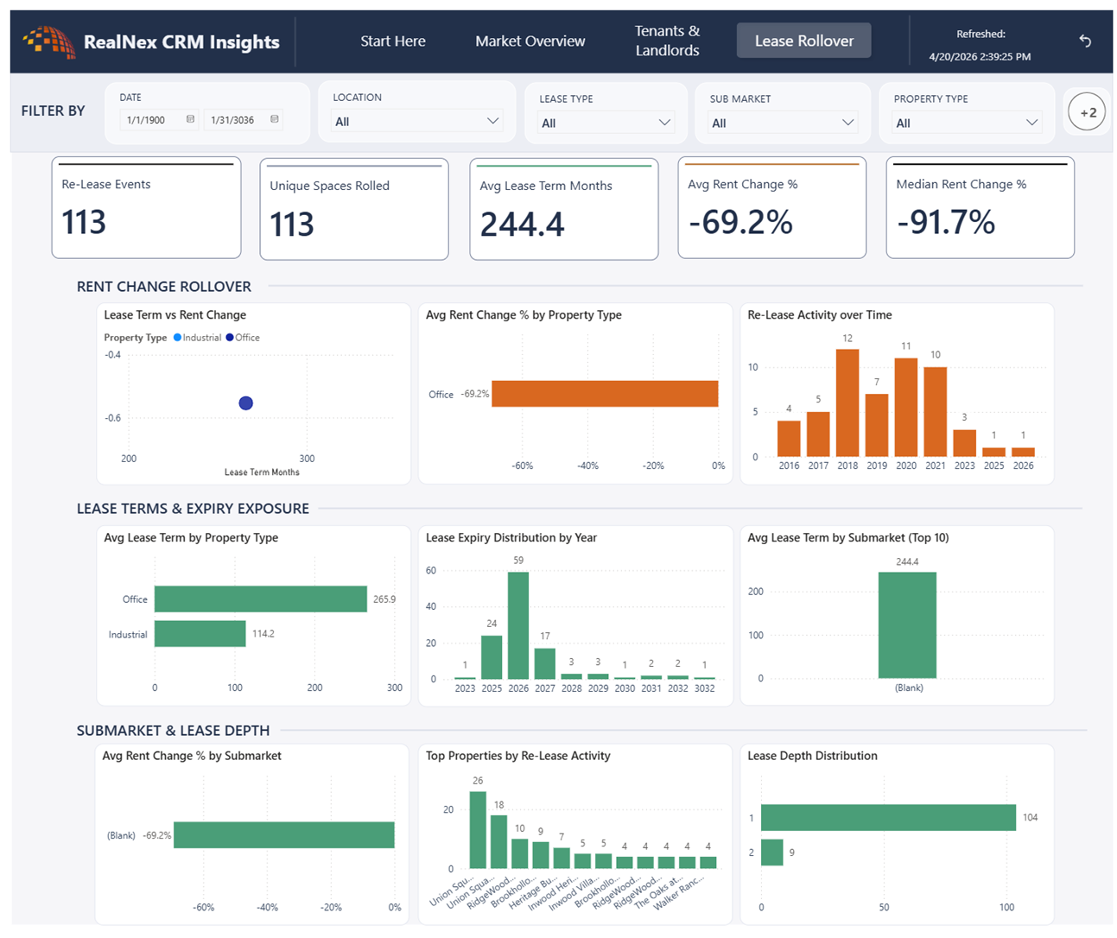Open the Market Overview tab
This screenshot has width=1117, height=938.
530,41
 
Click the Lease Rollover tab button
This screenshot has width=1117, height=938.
803,40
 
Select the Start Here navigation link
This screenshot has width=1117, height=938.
393,41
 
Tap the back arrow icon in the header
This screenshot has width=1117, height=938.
1085,41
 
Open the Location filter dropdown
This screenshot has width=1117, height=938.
416,122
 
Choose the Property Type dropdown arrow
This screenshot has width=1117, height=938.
1032,123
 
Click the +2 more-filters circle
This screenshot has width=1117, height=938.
1087,111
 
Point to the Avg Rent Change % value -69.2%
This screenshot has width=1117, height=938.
740,222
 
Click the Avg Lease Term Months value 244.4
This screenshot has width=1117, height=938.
522,224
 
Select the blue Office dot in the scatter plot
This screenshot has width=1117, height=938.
245,402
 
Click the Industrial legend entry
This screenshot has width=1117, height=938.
197,338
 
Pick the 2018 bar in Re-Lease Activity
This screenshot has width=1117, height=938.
847,402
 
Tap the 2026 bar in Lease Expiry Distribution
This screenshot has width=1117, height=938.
517,625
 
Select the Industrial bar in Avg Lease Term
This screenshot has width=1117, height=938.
200,634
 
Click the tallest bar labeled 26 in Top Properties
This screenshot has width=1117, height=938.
478,829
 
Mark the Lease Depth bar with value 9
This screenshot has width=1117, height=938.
772,852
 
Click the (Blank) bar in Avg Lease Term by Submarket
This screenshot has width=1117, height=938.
907,625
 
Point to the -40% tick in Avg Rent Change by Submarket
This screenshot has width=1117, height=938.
267,907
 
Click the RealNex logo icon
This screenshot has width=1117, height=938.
49,41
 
